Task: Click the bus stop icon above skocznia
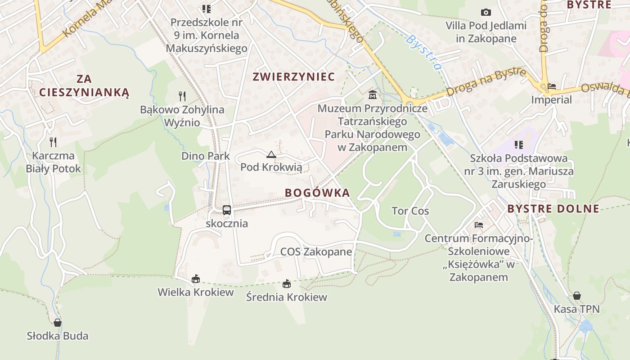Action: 227,210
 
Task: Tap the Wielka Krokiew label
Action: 196,292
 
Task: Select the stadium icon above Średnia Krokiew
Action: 287,283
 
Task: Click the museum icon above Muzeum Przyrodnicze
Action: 373,95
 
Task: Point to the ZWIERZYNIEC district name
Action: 294,77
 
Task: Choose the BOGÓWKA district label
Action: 317,193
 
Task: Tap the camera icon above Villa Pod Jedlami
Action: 486,12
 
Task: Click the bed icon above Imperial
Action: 552,86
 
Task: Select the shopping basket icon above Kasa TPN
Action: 576,296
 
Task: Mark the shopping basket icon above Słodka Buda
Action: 58,322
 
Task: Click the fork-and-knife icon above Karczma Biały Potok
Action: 53,142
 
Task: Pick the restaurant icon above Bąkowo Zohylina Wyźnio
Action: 182,96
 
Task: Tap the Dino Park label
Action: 206,156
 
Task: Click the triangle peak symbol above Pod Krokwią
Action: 271,155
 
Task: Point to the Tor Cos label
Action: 410,211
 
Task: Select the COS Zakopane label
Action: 316,252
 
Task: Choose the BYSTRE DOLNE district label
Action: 553,209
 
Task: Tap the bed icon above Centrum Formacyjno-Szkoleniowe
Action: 479,225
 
